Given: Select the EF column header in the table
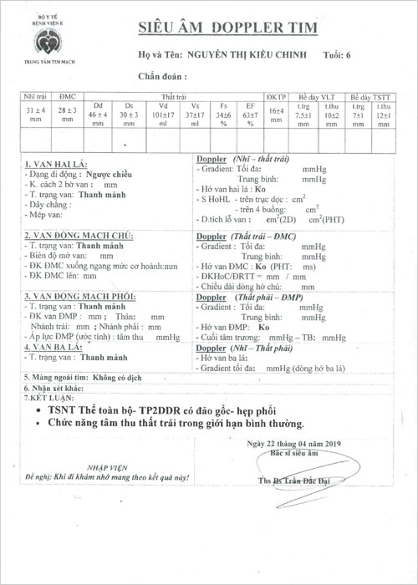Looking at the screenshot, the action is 248,107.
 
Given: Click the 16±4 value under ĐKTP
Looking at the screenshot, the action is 275,112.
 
